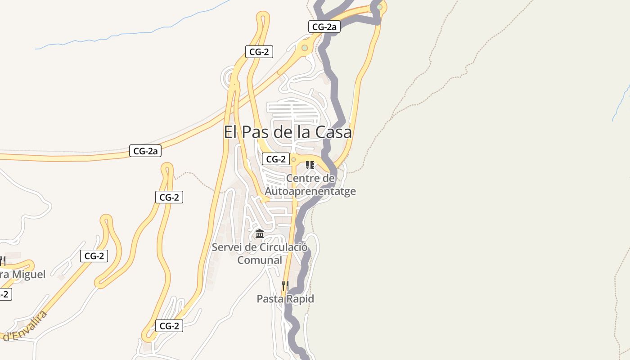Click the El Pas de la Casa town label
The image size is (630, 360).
pyautogui.click(x=288, y=132)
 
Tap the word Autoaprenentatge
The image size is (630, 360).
pyautogui.click(x=310, y=191)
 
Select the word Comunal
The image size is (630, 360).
pyautogui.click(x=260, y=260)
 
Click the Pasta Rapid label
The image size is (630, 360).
pyautogui.click(x=285, y=299)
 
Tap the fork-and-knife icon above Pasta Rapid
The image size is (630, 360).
pyautogui.click(x=285, y=285)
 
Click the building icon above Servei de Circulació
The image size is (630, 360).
pyautogui.click(x=260, y=234)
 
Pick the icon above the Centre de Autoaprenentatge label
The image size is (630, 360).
pyautogui.click(x=310, y=165)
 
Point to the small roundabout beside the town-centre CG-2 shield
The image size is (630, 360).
pyautogui.click(x=293, y=159)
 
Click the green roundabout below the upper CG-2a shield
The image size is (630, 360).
pyautogui.click(x=305, y=48)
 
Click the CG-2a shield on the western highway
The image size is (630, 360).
pyautogui.click(x=145, y=151)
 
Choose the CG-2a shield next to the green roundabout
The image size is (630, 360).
pyautogui.click(x=324, y=27)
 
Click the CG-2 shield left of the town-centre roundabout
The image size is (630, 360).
pyautogui.click(x=275, y=159)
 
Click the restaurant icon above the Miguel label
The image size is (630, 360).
pyautogui.click(x=3, y=261)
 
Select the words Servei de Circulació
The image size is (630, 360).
pyautogui.click(x=260, y=247)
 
